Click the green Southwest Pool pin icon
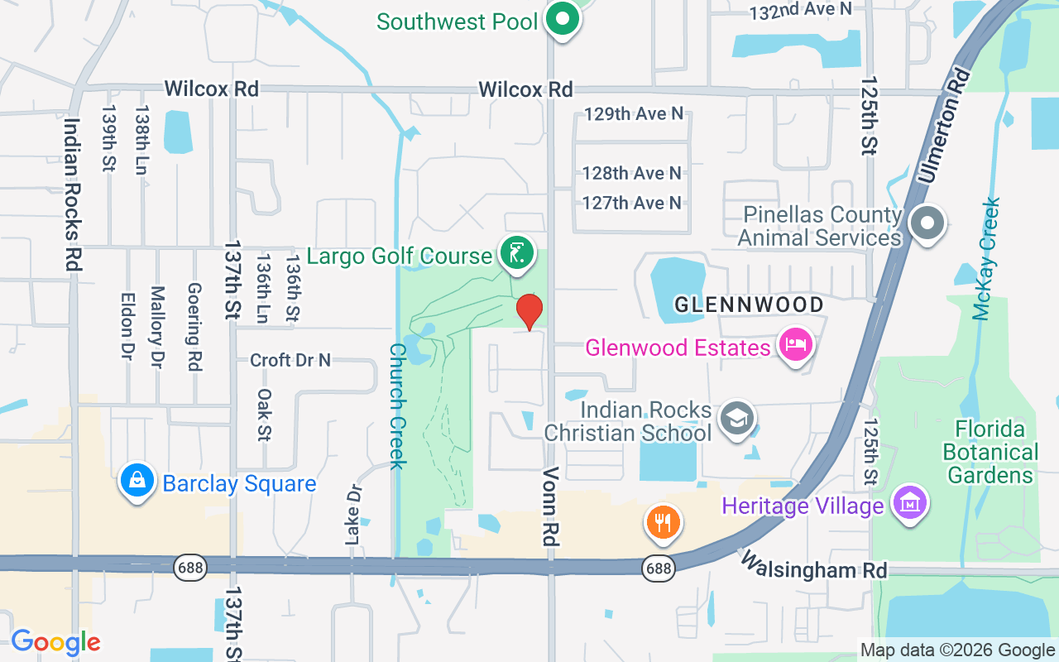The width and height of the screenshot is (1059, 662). click(563, 19)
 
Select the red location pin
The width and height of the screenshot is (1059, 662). click(529, 312)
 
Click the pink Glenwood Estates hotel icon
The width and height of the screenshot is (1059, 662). click(795, 345)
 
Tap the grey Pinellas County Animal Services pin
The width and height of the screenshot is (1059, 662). click(927, 223)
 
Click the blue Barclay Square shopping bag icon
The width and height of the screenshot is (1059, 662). click(137, 481)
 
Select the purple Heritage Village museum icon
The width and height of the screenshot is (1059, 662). click(910, 502)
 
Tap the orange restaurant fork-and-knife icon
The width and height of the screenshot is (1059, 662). click(663, 522)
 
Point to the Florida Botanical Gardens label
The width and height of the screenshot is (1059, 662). click(990, 452)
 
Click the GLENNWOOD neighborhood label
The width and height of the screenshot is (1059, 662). click(749, 305)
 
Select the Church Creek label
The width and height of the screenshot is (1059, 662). click(397, 405)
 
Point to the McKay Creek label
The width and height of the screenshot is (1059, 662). click(987, 258)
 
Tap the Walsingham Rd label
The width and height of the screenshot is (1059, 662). click(813, 565)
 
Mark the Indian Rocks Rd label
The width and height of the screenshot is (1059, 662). click(72, 194)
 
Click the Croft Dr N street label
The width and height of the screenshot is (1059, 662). click(290, 360)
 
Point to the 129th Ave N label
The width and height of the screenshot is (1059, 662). click(634, 113)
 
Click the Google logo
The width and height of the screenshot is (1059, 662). click(55, 641)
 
